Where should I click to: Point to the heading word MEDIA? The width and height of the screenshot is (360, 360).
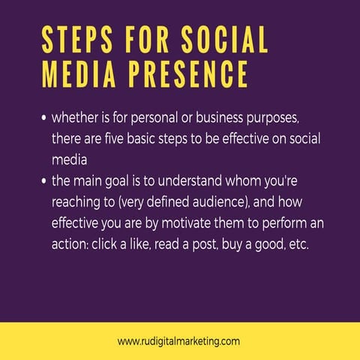(x=73, y=73)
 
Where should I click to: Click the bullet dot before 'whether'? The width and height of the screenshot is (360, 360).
(x=44, y=118)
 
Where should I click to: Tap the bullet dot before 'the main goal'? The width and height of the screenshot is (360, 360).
(x=44, y=181)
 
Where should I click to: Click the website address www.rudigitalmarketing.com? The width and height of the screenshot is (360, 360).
(x=178, y=341)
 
